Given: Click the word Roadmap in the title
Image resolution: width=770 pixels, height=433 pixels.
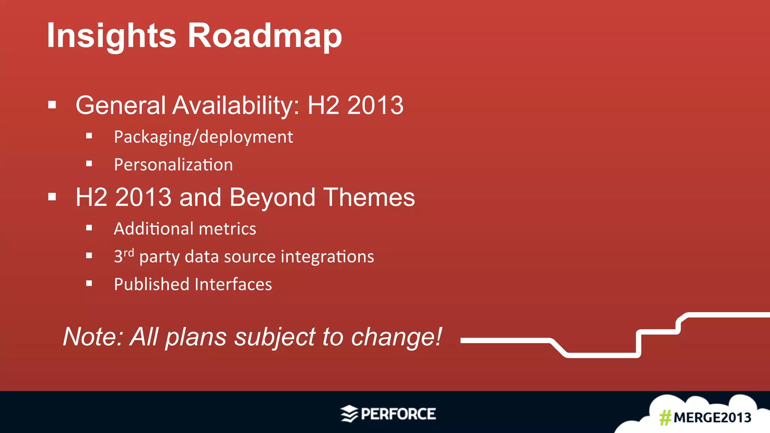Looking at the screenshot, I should point(265,36).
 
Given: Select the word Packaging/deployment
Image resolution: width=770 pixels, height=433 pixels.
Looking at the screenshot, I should point(203,137).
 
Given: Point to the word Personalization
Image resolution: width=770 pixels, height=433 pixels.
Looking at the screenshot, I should point(173,165).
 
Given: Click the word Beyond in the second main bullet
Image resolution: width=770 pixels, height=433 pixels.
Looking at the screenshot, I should point(272,198).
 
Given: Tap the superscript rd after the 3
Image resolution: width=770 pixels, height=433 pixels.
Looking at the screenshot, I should point(129,252).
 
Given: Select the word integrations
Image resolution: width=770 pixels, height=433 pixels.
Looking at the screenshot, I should point(327,257).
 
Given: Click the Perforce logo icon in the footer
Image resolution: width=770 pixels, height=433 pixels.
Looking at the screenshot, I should point(349,414).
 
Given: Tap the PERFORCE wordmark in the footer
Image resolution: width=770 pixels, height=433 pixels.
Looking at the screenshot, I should point(398,414).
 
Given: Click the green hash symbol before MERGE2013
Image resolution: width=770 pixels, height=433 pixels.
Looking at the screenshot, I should point(665,418).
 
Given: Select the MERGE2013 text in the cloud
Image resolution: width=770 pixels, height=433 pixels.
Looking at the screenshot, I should point(712,418).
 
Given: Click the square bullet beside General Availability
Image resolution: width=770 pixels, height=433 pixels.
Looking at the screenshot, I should point(52,105).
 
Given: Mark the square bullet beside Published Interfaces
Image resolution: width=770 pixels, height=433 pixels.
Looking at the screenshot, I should point(89,284).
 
